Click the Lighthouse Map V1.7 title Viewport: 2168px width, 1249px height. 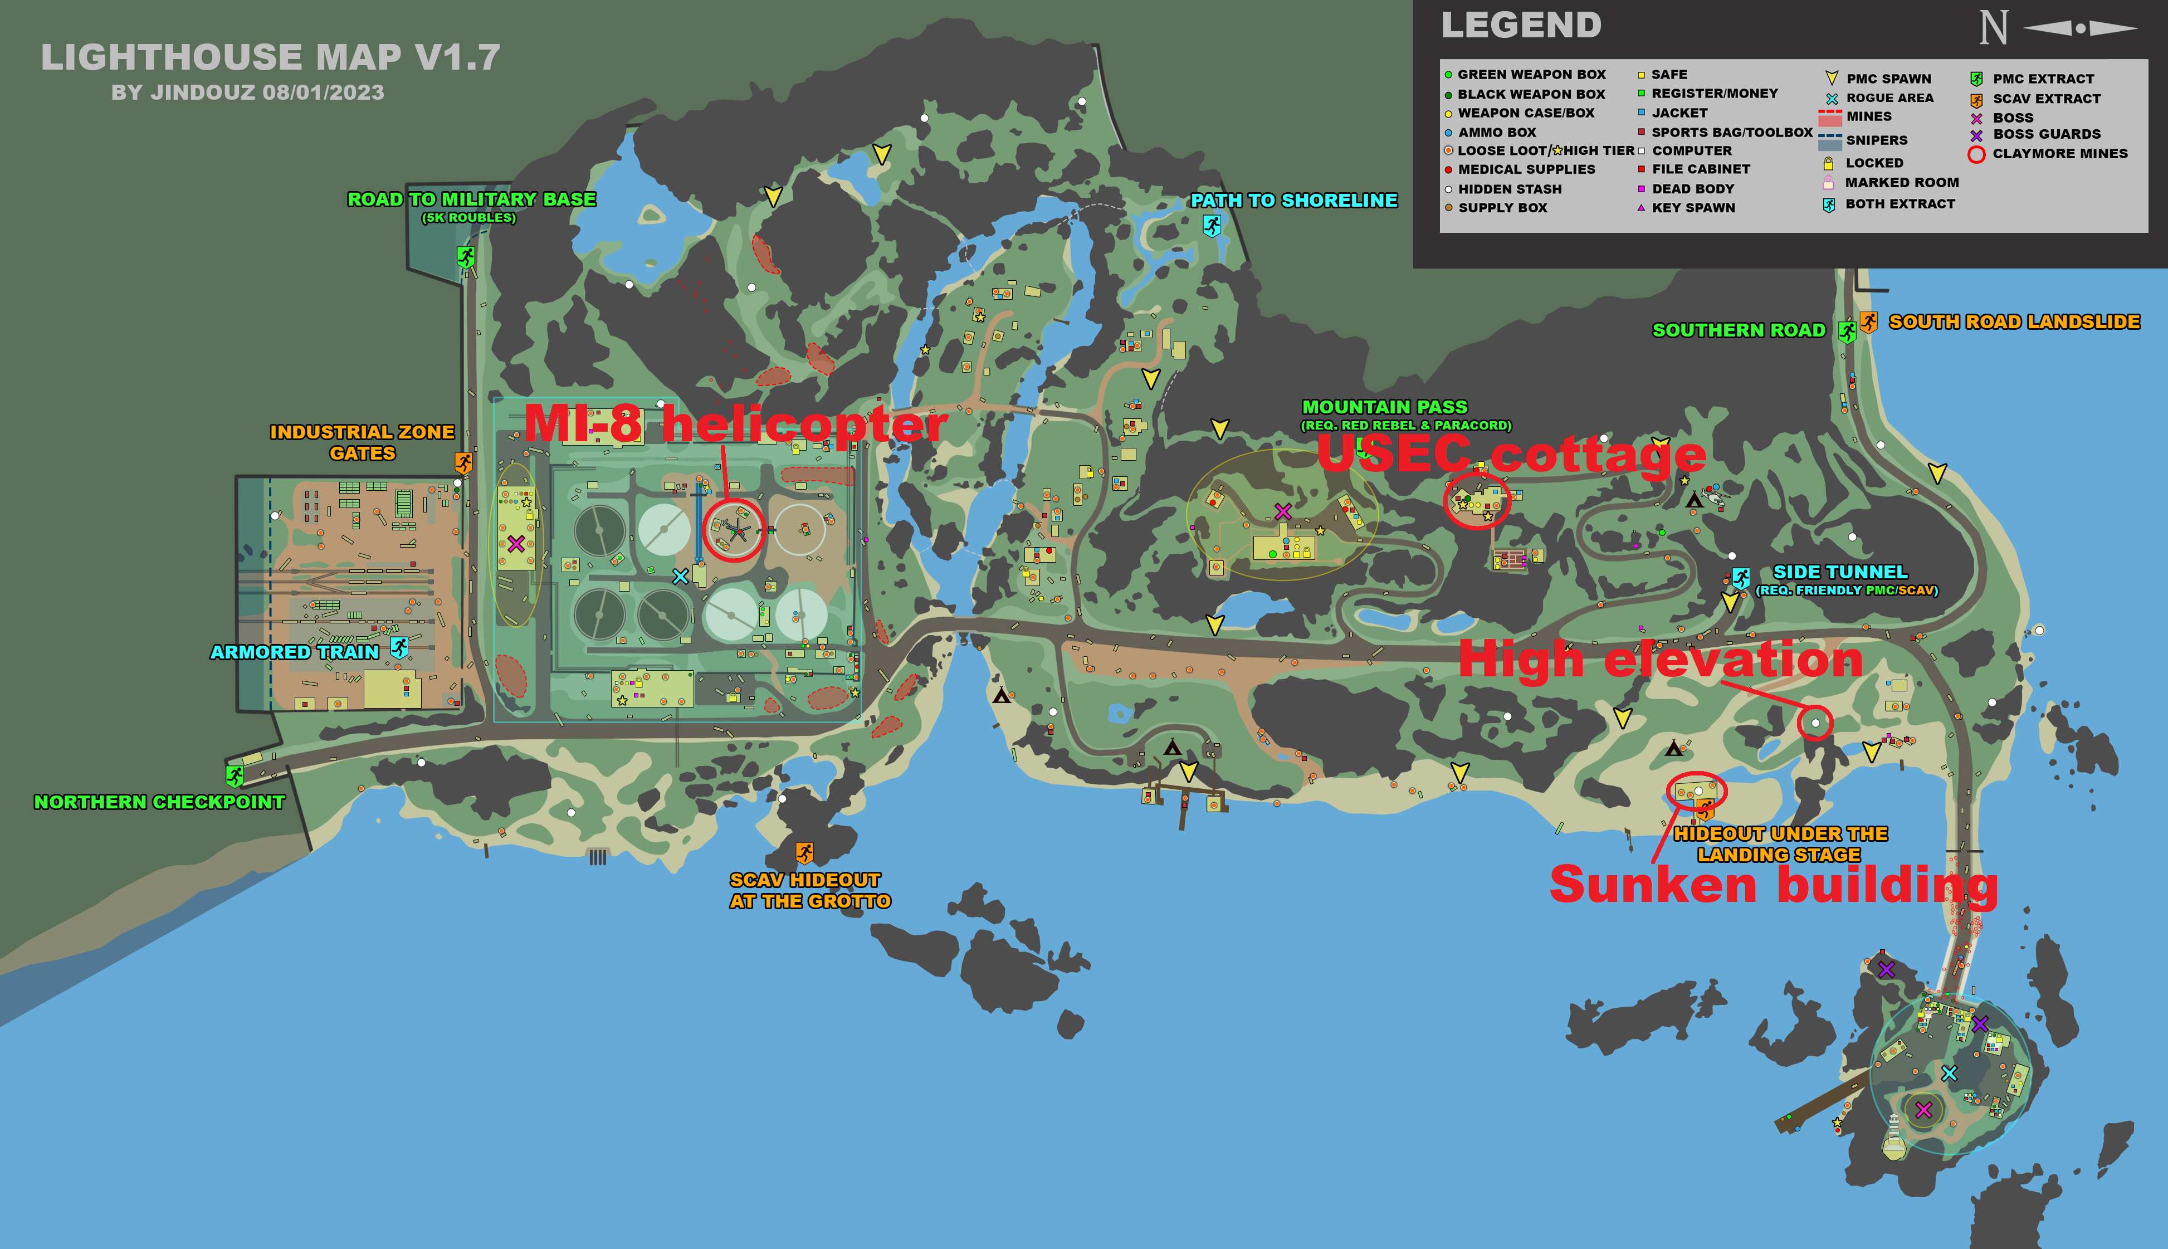point(270,57)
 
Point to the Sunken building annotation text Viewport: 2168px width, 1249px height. point(1774,885)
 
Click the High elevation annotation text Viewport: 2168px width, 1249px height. point(1661,659)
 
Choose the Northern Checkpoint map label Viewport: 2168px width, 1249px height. point(159,802)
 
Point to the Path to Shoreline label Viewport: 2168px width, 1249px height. point(1293,201)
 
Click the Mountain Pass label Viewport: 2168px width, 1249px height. point(1384,407)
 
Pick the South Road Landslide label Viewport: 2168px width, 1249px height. point(2014,321)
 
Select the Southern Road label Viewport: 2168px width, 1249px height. point(1739,330)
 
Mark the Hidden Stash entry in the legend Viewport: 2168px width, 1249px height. point(1510,189)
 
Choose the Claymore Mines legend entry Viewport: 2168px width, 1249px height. point(2059,154)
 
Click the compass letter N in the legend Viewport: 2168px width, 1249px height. point(1993,28)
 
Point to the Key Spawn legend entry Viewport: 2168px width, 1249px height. point(1693,208)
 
